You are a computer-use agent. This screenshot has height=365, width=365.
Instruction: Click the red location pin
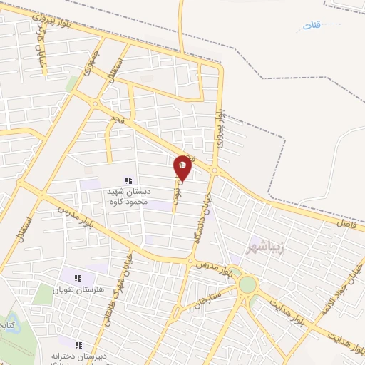pos(182,168)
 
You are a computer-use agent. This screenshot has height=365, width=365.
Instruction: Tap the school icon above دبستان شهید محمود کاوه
pos(128,181)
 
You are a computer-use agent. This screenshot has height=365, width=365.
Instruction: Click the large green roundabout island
pos(247,284)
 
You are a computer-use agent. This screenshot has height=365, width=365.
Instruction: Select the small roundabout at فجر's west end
pos(95,104)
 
